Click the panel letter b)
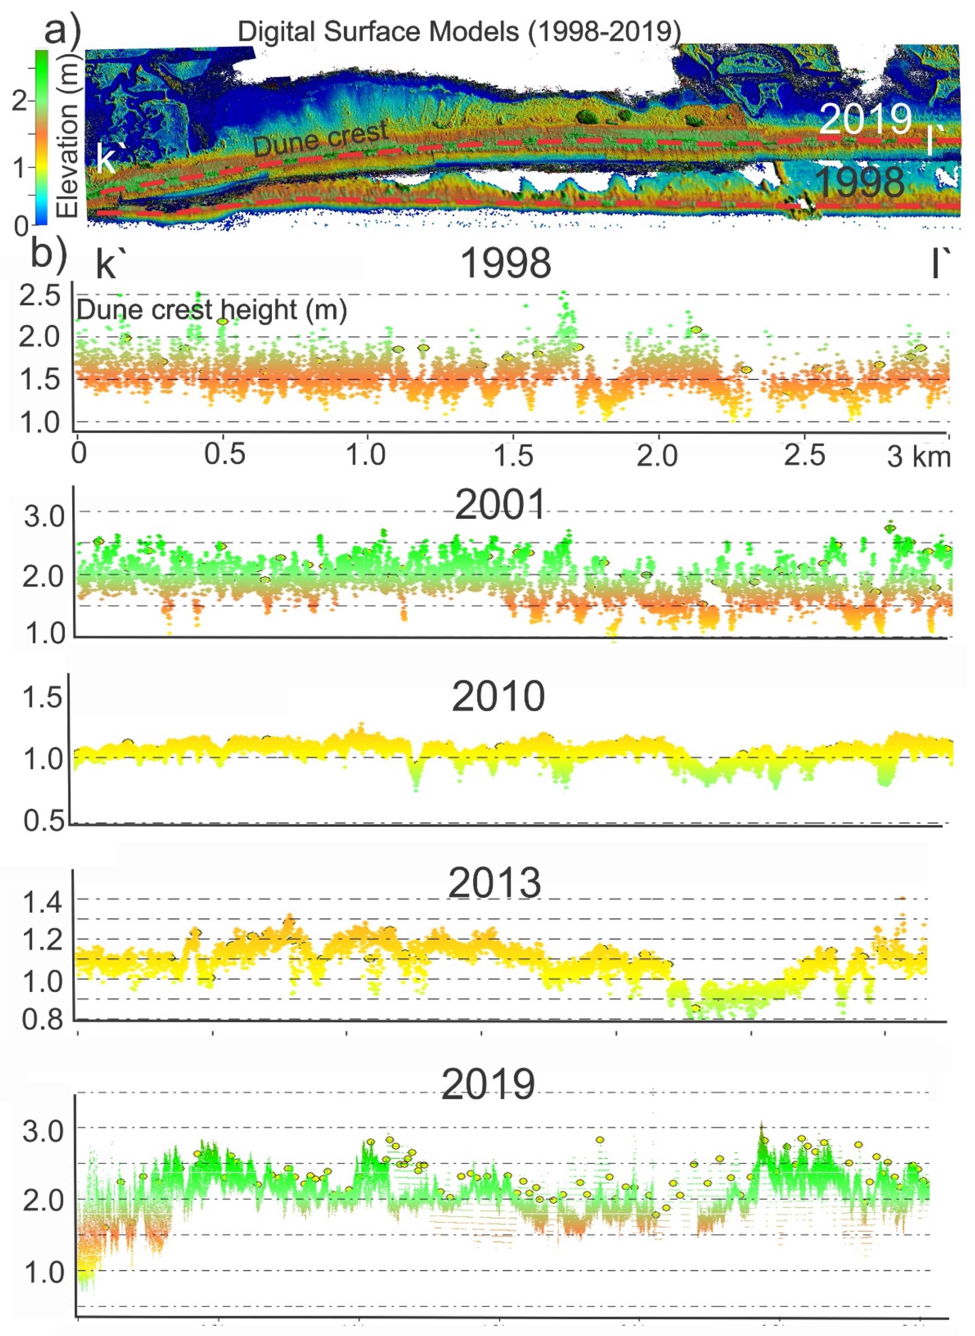[49, 254]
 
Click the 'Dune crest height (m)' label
[211, 310]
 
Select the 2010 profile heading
[498, 697]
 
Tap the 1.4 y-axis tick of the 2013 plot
[41, 902]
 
